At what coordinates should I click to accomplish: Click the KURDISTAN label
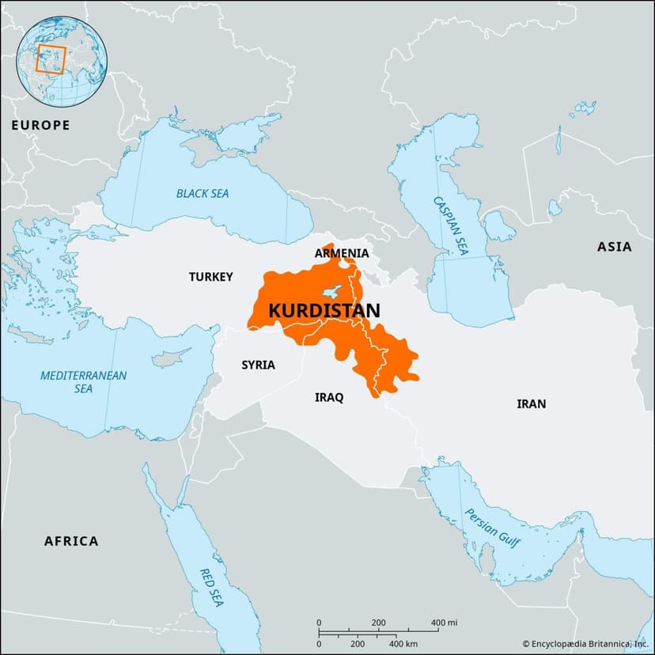324,311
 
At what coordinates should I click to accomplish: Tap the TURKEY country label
210,277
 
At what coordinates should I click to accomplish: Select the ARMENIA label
341,253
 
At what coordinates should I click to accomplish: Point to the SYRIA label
258,365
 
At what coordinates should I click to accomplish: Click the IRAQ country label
329,397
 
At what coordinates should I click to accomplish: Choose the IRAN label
531,403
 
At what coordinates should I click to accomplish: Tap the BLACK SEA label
203,193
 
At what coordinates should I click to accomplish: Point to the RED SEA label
210,588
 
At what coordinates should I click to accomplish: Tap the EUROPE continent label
40,125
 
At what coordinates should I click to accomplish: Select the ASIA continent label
614,247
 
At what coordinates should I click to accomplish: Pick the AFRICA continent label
71,541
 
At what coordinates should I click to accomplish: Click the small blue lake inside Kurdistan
335,290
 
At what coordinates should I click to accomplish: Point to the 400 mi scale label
444,623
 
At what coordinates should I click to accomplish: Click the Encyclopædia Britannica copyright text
586,645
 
